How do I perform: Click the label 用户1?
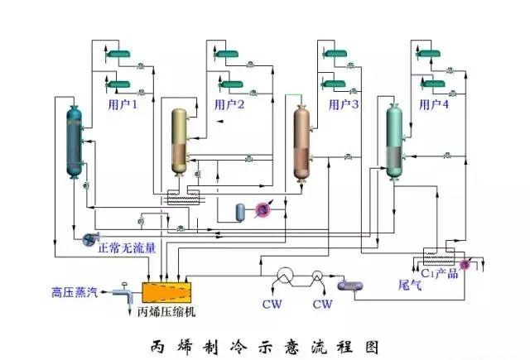pos(122,105)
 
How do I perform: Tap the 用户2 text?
pos(229,105)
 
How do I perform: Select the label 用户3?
pos(344,105)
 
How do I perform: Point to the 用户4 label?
pos(435,105)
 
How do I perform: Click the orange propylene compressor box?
pos(167,292)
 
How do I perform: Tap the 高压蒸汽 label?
pos(75,292)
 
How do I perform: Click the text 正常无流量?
pos(126,246)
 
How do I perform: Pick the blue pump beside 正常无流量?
pos(87,240)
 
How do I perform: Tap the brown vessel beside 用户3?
pos(301,142)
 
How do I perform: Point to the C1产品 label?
pos(439,273)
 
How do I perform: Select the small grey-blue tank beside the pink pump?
pos(241,212)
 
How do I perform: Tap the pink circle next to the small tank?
pos(263,212)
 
